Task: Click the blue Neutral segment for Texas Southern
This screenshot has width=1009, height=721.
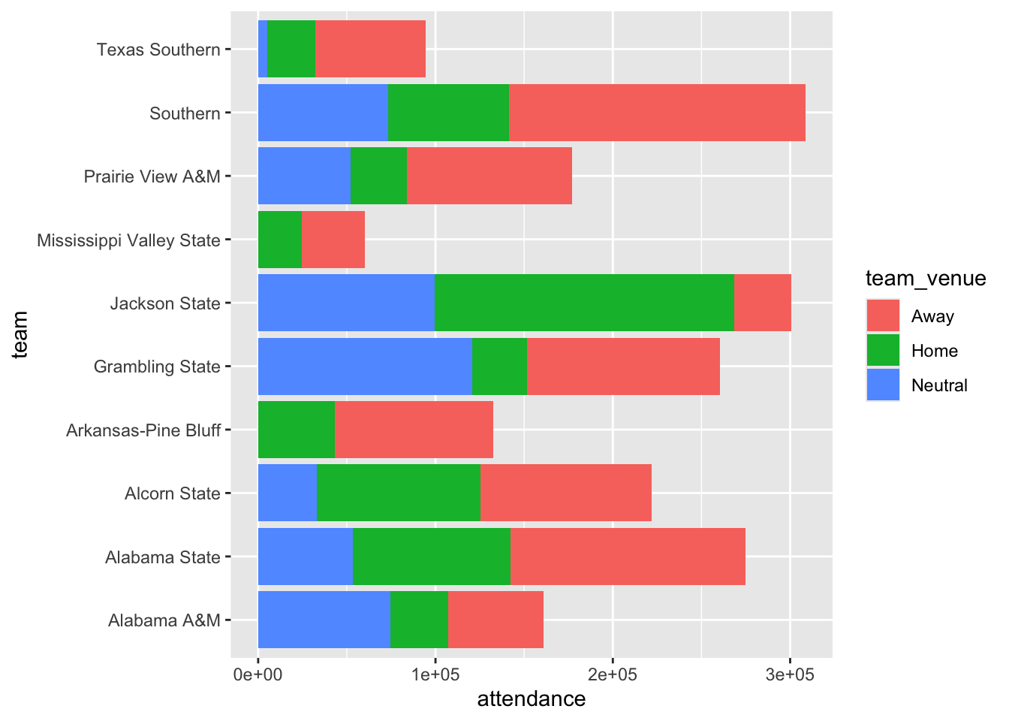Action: [263, 49]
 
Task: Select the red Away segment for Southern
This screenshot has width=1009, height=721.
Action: [657, 113]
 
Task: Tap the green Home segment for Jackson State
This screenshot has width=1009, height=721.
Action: [584, 303]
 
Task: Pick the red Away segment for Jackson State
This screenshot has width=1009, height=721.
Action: [762, 303]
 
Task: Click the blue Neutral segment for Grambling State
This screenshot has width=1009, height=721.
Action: [365, 367]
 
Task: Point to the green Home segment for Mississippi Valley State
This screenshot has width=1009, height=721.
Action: [280, 240]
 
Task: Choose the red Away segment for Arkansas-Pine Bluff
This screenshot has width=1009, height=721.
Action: [414, 430]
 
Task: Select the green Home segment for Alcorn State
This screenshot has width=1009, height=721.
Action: [398, 493]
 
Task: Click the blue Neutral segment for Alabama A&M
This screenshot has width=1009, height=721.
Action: [324, 620]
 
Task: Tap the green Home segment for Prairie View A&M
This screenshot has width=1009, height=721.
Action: [378, 176]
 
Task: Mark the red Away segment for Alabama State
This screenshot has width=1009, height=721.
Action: [628, 557]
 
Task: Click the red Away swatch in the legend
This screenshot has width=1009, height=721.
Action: [883, 316]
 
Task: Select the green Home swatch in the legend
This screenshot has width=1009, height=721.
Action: [883, 351]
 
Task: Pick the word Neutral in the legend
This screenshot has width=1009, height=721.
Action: [939, 385]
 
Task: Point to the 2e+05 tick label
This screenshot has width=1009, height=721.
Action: [613, 674]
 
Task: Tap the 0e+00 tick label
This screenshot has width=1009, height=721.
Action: [258, 674]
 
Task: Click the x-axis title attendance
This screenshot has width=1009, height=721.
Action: [532, 699]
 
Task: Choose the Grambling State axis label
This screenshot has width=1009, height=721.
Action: [157, 367]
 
